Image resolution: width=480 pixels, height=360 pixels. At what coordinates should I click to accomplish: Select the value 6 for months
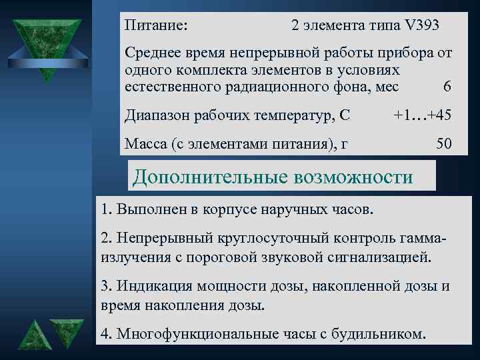click(447, 87)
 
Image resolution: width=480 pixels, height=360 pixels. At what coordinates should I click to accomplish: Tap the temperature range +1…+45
click(423, 115)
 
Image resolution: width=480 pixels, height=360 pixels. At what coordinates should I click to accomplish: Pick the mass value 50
click(443, 143)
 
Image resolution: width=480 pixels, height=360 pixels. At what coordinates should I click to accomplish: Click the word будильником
click(381, 333)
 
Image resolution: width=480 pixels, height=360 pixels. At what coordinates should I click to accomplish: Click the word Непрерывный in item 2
click(163, 238)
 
